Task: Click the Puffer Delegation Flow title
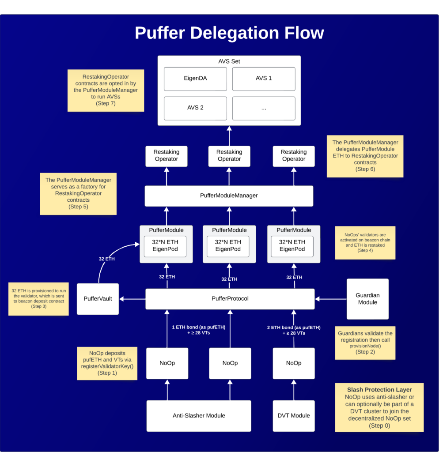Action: pyautogui.click(x=229, y=34)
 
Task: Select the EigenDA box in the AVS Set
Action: pyautogui.click(x=195, y=79)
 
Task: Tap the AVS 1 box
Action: pyautogui.click(x=264, y=79)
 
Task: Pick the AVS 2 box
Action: pyautogui.click(x=195, y=108)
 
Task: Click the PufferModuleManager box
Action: pyautogui.click(x=229, y=196)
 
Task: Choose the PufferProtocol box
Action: pyautogui.click(x=230, y=299)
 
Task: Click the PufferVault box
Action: pyautogui.click(x=98, y=299)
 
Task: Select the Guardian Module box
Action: pyautogui.click(x=367, y=299)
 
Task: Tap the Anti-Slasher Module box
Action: pyautogui.click(x=199, y=415)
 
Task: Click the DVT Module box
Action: pyautogui.click(x=294, y=415)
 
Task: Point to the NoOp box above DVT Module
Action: pyautogui.click(x=294, y=363)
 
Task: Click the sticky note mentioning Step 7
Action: pyautogui.click(x=106, y=90)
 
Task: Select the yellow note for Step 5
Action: pyautogui.click(x=78, y=193)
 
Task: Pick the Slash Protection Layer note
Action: pyautogui.click(x=379, y=407)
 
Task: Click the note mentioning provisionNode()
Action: pyautogui.click(x=365, y=343)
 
